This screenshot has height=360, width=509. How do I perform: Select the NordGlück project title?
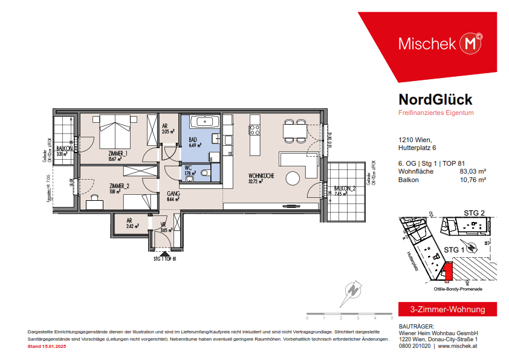(x=435, y=100)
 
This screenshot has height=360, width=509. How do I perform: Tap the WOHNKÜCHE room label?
(x=262, y=176)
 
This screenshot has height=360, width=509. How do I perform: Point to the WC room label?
(x=187, y=168)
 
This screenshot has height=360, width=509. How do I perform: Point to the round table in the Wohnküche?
(x=294, y=179)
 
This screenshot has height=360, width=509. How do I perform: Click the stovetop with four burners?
(x=255, y=129)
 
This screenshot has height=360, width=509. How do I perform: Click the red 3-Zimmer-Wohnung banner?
(x=447, y=309)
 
